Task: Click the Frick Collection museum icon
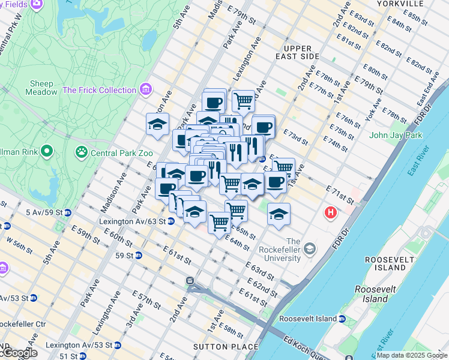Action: tap(145, 90)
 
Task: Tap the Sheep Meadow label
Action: tap(40, 88)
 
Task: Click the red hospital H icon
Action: tap(330, 212)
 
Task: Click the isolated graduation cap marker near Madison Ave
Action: tap(158, 124)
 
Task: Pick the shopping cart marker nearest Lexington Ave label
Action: tap(243, 100)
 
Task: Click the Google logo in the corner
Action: tap(19, 353)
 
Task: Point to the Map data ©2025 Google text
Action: tap(412, 355)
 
